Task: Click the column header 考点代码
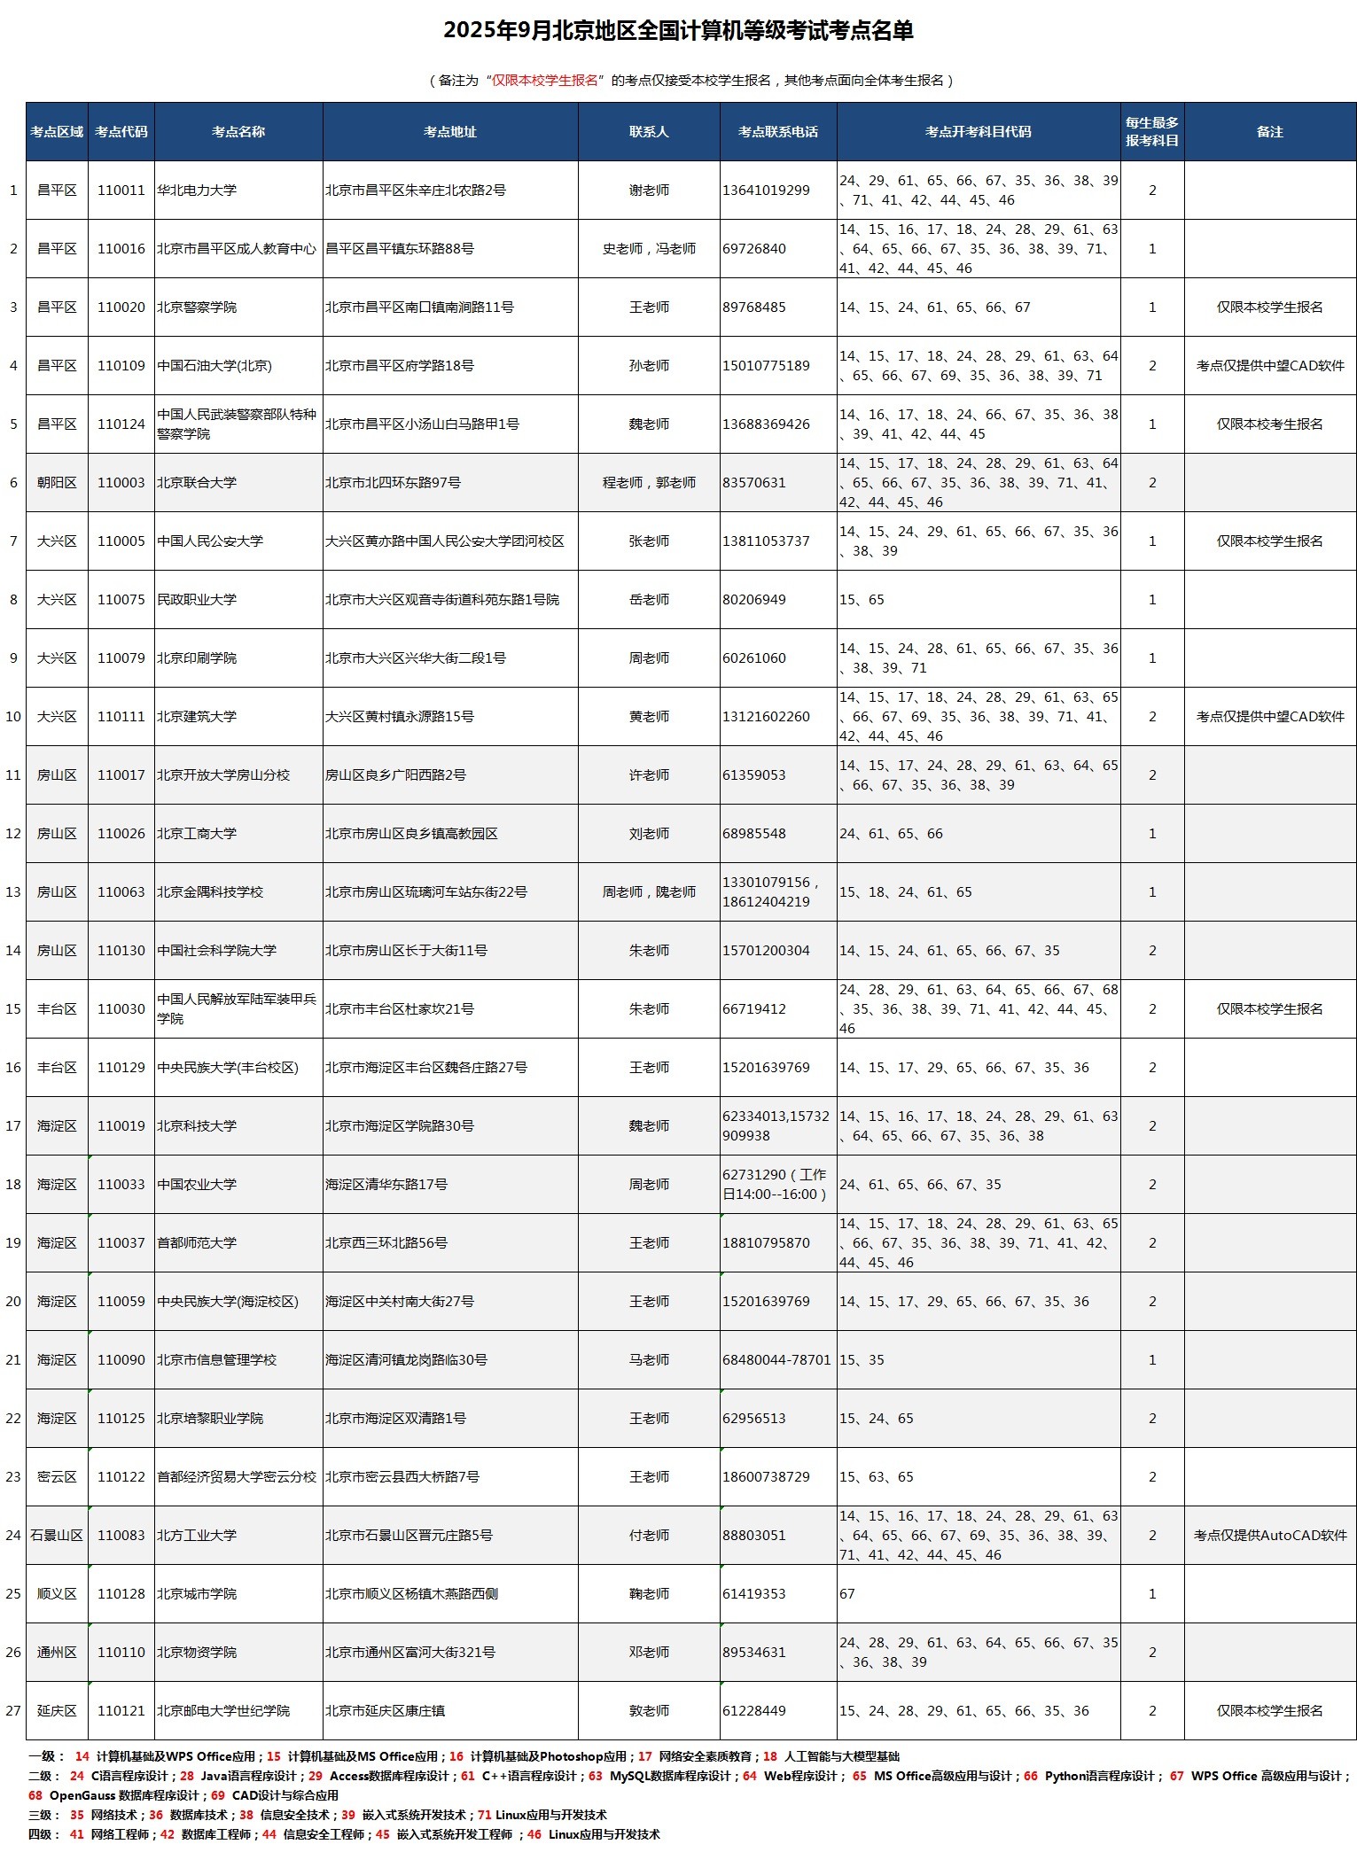121,132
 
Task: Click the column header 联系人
649,132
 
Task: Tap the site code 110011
121,191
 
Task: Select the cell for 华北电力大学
197,191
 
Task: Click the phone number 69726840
754,249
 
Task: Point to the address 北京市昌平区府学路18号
400,366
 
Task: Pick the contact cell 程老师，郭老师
649,483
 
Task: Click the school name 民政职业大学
197,600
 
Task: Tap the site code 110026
121,834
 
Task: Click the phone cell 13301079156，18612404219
771,892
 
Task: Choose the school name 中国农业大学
197,1185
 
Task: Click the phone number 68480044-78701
776,1360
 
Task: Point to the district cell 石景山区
57,1536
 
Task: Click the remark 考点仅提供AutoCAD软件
1269,1536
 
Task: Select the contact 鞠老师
649,1594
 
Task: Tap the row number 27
13,1711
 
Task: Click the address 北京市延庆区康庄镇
385,1711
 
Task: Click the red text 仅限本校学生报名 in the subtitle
545,81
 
